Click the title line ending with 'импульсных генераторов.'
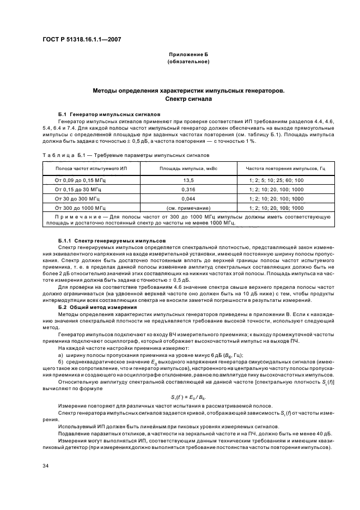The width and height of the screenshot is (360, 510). click(x=188, y=92)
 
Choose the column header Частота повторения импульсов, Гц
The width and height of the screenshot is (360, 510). click(x=285, y=169)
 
